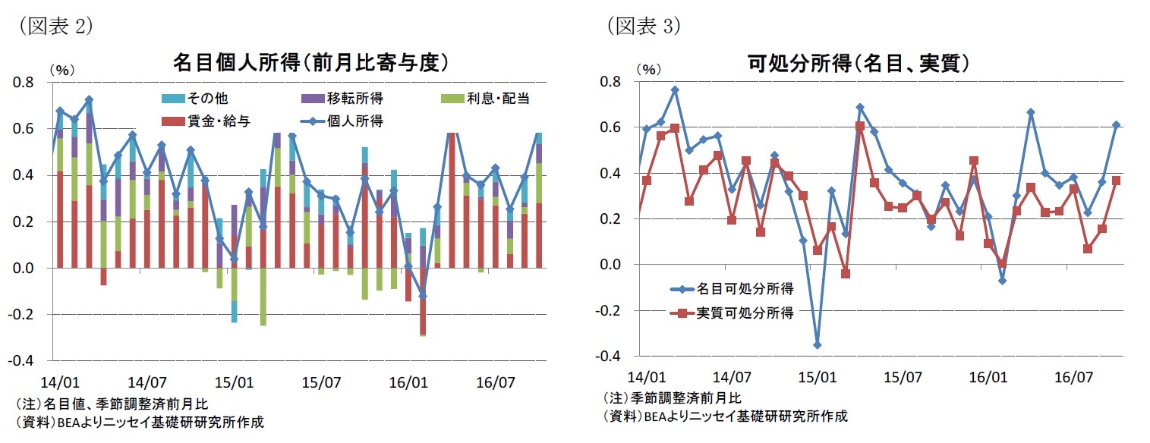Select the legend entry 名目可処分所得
pyautogui.click(x=744, y=288)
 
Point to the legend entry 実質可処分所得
pyautogui.click(x=744, y=313)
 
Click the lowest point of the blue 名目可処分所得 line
pyautogui.click(x=817, y=345)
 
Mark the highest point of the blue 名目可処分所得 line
pyautogui.click(x=675, y=90)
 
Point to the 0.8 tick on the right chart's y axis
pyautogui.click(x=610, y=81)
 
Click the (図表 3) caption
pyautogui.click(x=643, y=27)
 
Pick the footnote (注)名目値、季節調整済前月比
pyautogui.click(x=113, y=403)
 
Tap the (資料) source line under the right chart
pyautogui.click(x=725, y=416)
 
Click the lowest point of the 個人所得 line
pyautogui.click(x=422, y=296)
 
